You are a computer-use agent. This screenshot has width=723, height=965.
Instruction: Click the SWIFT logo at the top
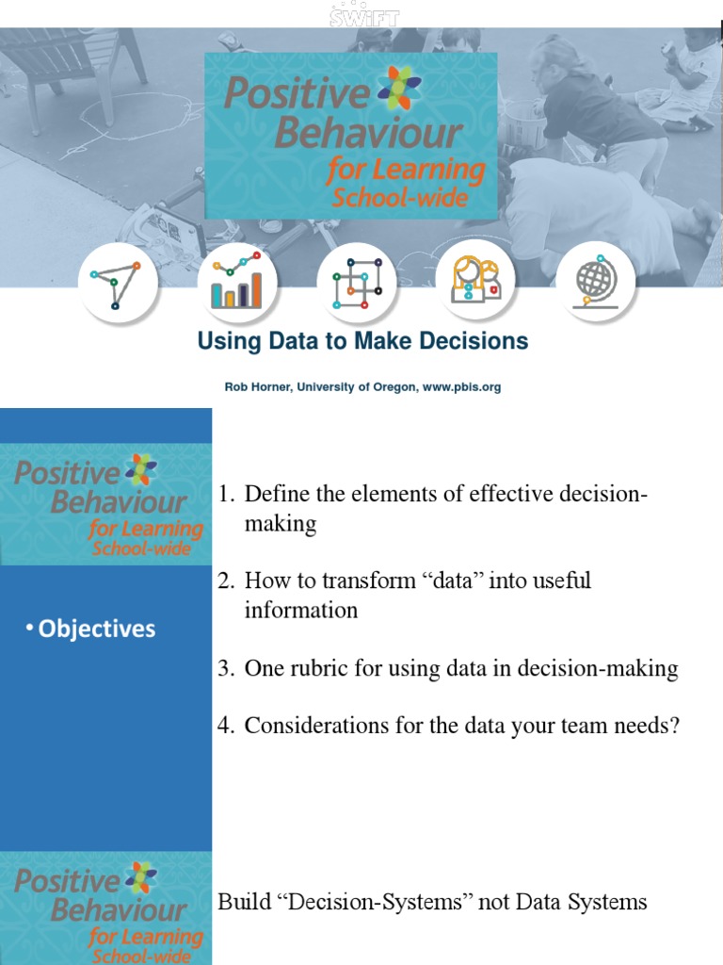click(363, 15)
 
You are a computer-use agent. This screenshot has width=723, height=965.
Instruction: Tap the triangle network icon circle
click(118, 281)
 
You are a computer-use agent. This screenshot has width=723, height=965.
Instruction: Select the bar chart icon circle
click(237, 281)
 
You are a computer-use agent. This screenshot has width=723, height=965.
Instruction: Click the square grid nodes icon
click(357, 281)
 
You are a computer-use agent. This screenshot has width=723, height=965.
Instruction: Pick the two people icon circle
click(476, 281)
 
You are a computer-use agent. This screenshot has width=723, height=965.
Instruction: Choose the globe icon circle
click(596, 281)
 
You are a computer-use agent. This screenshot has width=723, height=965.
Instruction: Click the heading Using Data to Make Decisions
click(362, 341)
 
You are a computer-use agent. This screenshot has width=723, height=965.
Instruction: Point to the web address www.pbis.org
click(461, 387)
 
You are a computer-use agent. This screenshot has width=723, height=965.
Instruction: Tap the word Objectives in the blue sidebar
click(97, 629)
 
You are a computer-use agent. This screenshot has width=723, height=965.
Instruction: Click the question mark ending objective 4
click(673, 726)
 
